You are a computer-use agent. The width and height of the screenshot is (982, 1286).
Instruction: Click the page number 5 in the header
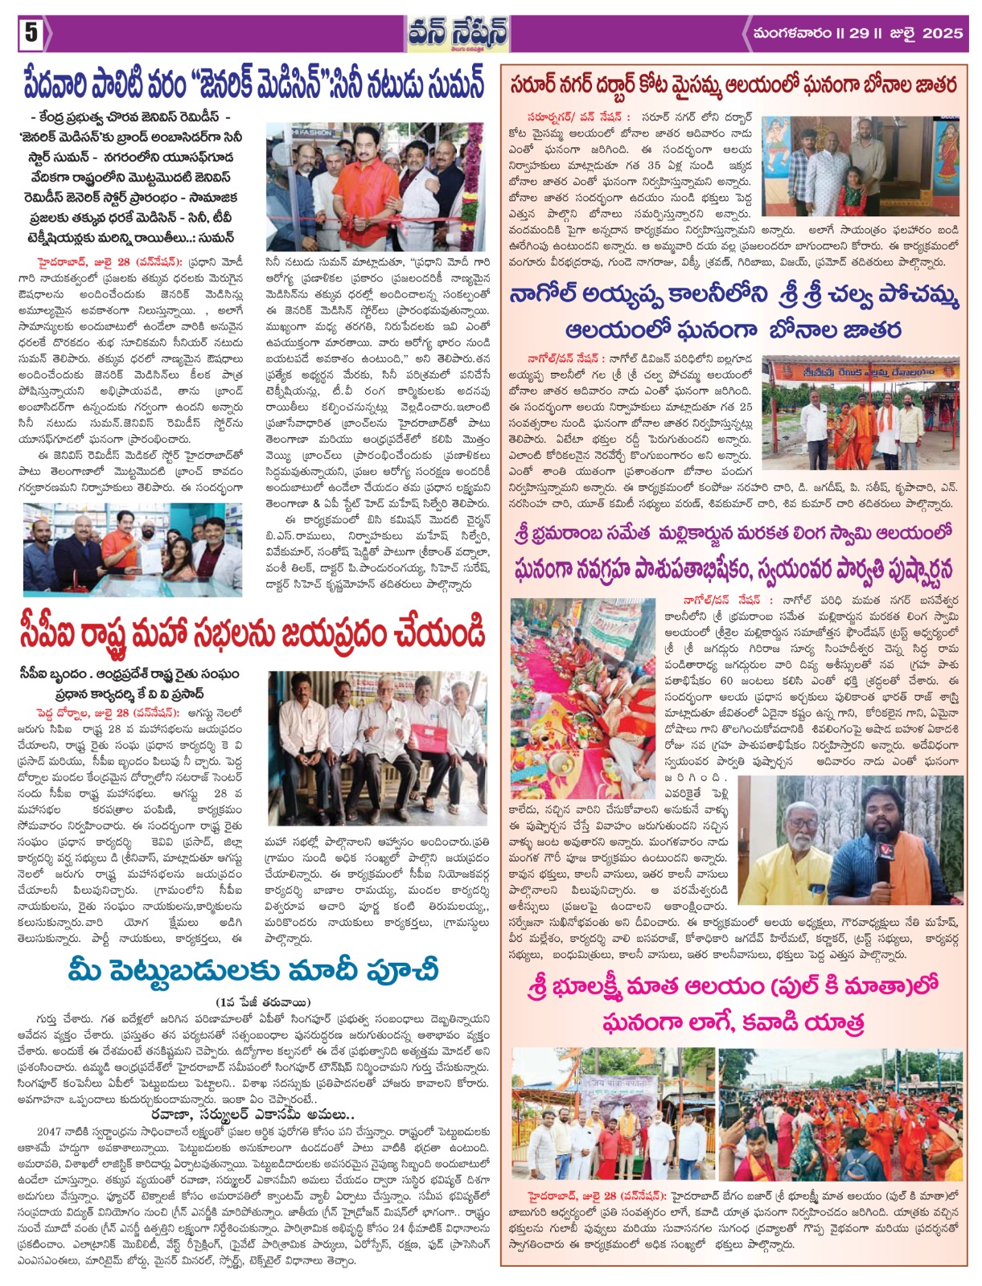click(30, 33)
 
